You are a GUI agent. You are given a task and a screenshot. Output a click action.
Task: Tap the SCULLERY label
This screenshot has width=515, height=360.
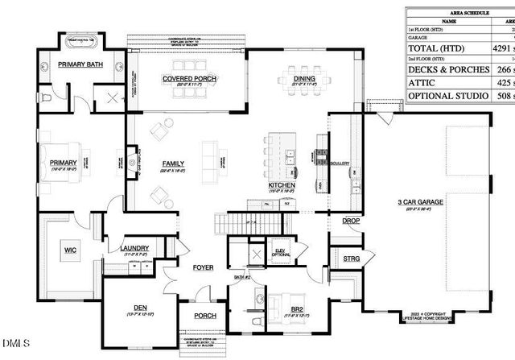tap(339, 163)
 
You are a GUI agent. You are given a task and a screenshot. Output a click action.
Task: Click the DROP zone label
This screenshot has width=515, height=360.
tap(351, 220)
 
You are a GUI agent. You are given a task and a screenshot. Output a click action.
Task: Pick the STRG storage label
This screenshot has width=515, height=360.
tap(351, 259)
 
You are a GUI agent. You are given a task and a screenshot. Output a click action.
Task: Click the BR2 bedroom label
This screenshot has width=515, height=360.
tap(297, 309)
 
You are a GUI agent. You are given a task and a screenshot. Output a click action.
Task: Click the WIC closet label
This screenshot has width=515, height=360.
tap(69, 250)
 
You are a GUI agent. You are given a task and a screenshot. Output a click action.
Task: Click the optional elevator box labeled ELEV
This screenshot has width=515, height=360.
tap(282, 251)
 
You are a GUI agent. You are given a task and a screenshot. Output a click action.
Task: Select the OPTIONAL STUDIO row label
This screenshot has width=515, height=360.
tap(448, 96)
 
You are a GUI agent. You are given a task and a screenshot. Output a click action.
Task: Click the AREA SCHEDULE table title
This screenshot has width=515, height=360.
tap(459, 14)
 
